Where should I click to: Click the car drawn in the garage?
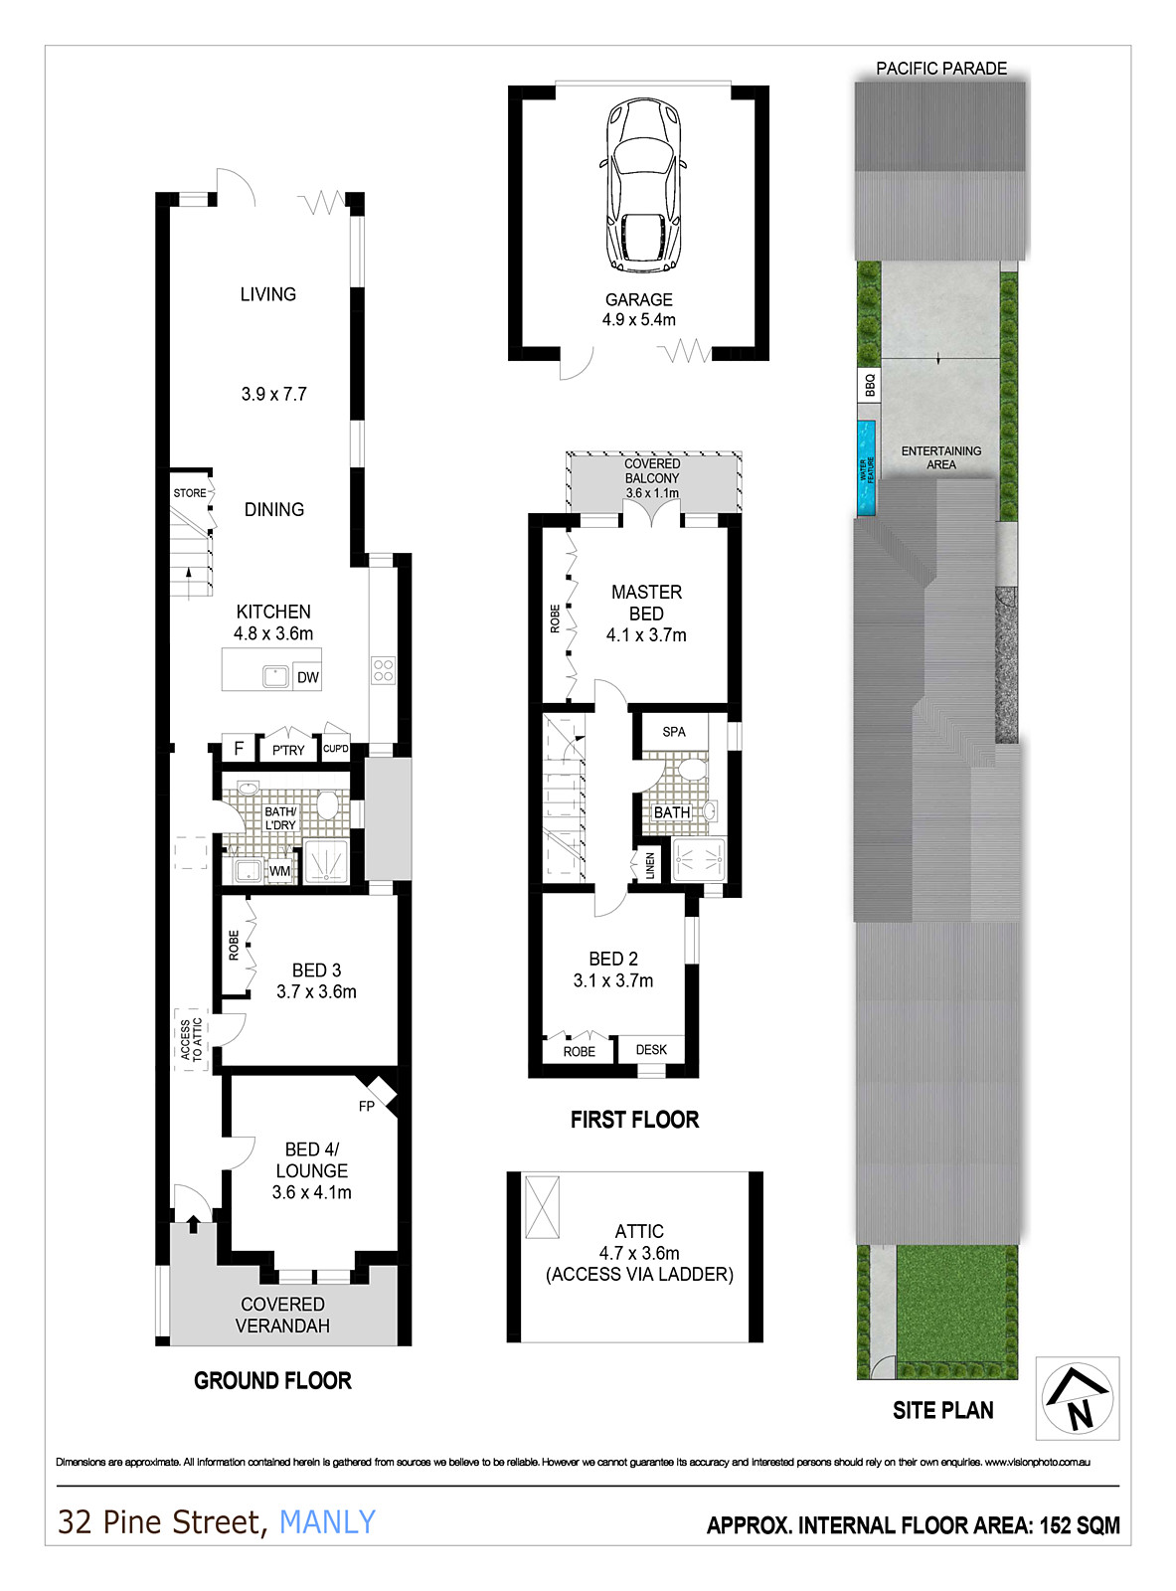pyautogui.click(x=643, y=185)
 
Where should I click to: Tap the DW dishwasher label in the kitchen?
pyautogui.click(x=307, y=677)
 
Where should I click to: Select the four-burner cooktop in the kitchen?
pyautogui.click(x=383, y=670)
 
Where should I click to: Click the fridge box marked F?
pyautogui.click(x=239, y=748)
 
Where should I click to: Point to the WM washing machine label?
pyautogui.click(x=279, y=871)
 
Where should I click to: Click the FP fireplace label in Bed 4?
pyautogui.click(x=367, y=1106)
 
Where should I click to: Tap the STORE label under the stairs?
pyautogui.click(x=189, y=493)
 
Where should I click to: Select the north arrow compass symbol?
pyautogui.click(x=1077, y=1398)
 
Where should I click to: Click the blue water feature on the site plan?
pyautogui.click(x=866, y=467)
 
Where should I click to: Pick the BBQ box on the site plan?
pyautogui.click(x=869, y=385)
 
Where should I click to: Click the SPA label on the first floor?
pyautogui.click(x=674, y=732)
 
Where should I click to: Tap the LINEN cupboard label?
pyautogui.click(x=650, y=866)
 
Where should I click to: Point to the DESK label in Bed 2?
pyautogui.click(x=651, y=1049)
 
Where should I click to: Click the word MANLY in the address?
pyautogui.click(x=327, y=1522)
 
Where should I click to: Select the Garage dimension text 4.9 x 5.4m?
pyautogui.click(x=639, y=320)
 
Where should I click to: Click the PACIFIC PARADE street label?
pyautogui.click(x=940, y=69)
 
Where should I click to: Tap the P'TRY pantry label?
pyautogui.click(x=288, y=751)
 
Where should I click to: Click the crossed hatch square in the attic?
pyautogui.click(x=542, y=1207)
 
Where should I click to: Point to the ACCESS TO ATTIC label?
pyautogui.click(x=191, y=1039)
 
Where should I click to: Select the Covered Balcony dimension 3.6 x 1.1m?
pyautogui.click(x=652, y=493)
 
